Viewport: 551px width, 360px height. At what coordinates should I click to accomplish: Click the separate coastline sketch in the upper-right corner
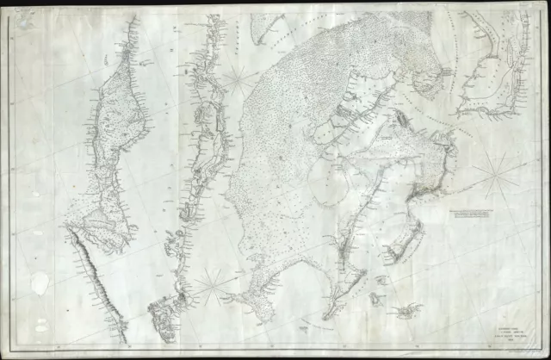[491, 78]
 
